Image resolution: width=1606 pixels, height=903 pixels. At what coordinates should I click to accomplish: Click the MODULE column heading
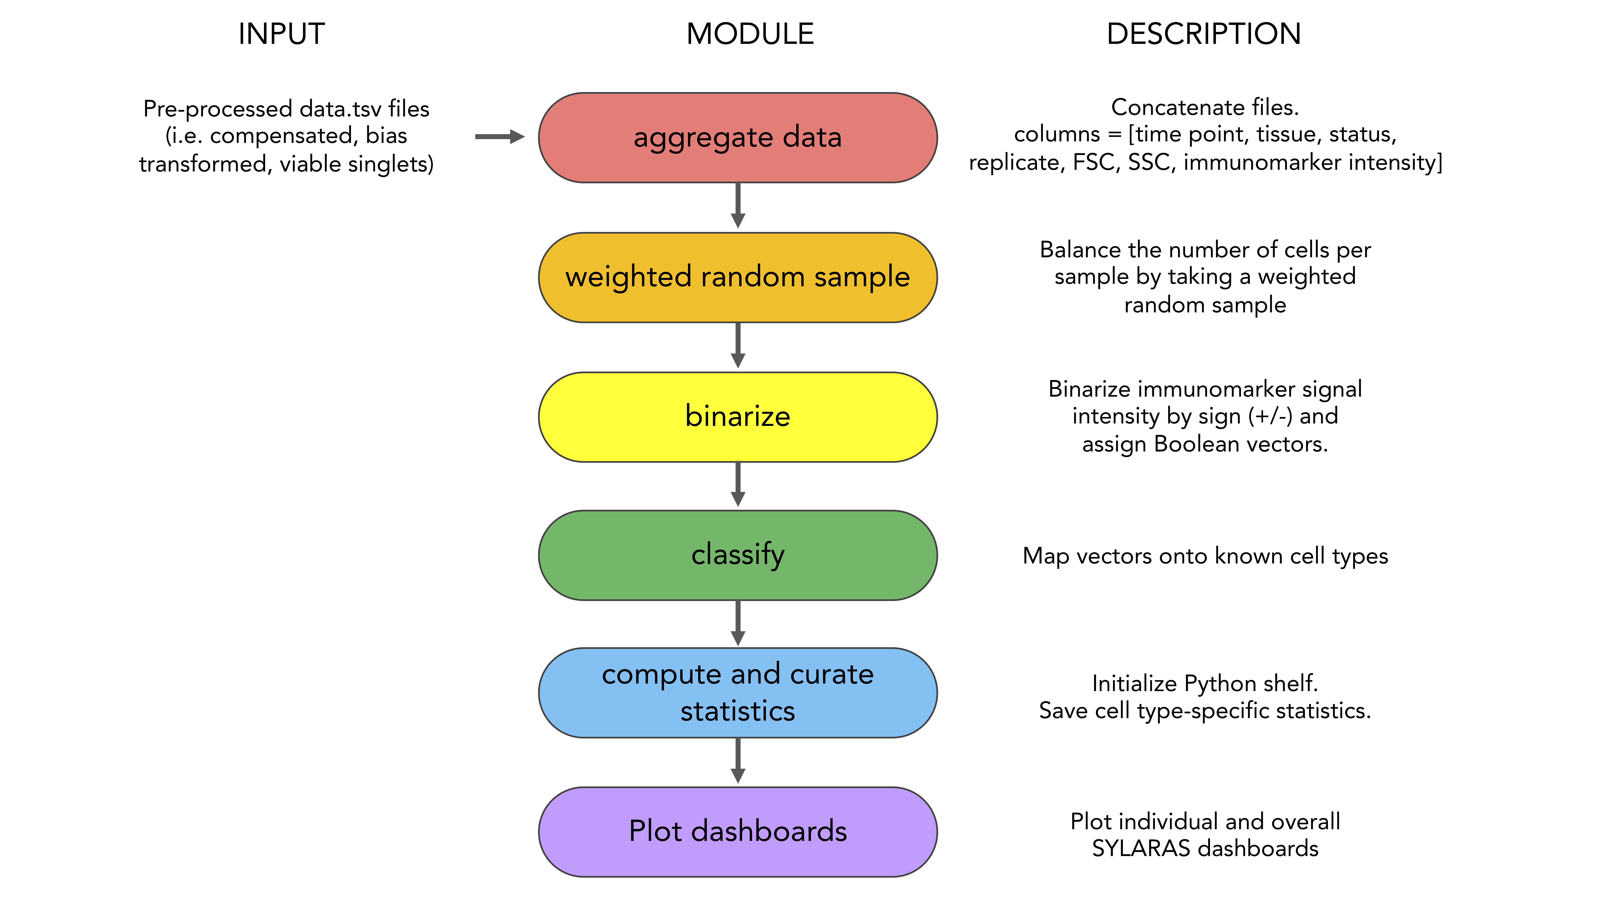[x=750, y=34]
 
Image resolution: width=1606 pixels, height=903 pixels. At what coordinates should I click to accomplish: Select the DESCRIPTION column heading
[x=1204, y=34]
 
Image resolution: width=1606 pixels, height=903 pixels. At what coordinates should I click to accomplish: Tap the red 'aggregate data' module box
[x=738, y=138]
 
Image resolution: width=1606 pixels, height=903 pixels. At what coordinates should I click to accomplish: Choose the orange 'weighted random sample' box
[x=738, y=277]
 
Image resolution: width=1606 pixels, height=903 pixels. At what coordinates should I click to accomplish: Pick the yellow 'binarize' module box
[x=738, y=417]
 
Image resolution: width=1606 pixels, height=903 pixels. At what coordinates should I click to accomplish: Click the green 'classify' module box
[x=738, y=555]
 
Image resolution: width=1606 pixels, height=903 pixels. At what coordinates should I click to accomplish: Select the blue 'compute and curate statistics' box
[x=738, y=693]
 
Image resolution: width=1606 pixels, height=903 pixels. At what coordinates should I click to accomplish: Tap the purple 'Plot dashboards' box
[x=738, y=832]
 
